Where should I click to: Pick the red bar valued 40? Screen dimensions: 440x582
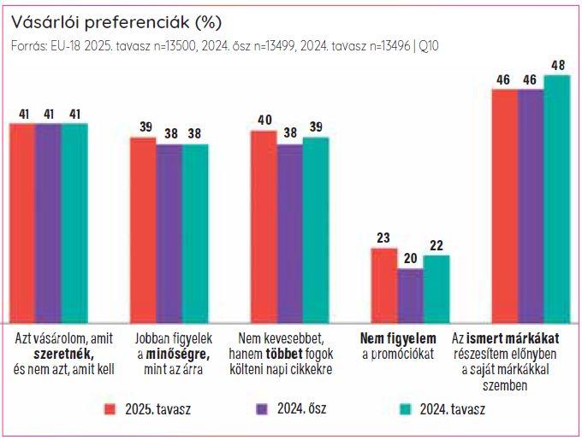click(x=264, y=226)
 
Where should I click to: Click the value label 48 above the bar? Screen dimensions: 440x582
click(x=557, y=65)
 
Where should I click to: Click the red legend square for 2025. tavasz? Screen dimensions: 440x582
click(x=109, y=408)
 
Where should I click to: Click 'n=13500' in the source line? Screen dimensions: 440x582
click(x=168, y=45)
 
